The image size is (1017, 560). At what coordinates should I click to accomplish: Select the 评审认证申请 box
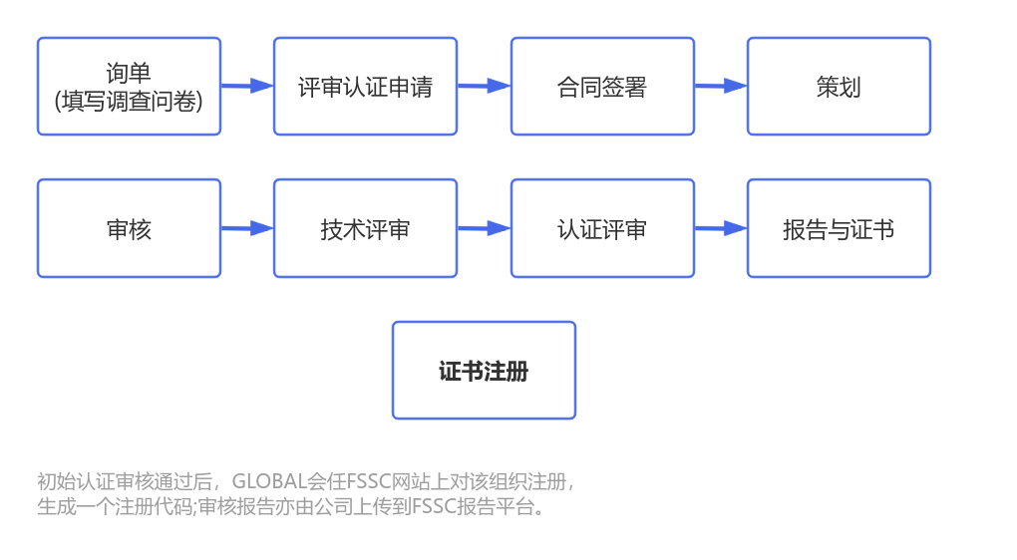365,87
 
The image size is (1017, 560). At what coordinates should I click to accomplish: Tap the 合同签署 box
602,87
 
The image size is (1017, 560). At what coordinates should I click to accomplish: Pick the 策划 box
839,87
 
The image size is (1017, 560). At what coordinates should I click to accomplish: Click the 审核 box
129,228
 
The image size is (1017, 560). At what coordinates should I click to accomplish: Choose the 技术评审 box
365,228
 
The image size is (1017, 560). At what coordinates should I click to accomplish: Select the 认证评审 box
602,228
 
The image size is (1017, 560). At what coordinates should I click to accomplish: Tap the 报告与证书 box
839,228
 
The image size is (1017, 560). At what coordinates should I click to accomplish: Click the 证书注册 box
484,371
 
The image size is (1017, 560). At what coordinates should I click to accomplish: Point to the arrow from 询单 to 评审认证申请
247,87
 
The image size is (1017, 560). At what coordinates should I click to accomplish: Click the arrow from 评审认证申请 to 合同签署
484,87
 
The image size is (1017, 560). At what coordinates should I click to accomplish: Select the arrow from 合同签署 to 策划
720,87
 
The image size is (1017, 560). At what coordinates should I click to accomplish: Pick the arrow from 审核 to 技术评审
247,228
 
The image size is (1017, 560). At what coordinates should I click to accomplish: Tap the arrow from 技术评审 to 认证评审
484,228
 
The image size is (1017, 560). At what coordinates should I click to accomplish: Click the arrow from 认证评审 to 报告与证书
720,228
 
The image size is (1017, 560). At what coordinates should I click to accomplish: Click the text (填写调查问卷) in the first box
129,101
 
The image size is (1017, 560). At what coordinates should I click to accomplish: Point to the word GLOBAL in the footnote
269,482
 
